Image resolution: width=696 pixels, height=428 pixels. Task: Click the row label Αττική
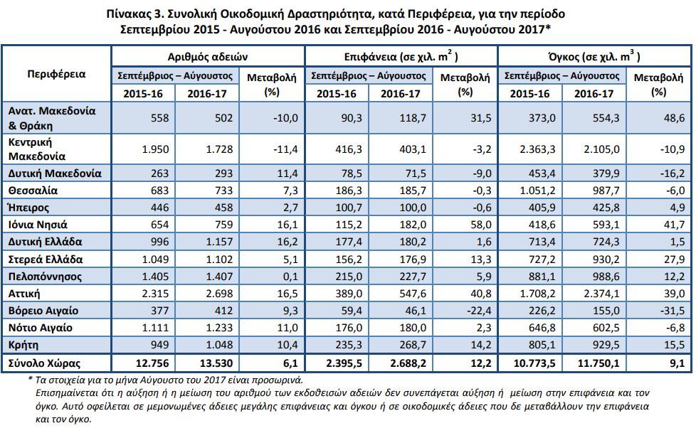click(x=24, y=294)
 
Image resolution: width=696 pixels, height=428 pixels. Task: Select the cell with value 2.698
click(x=219, y=294)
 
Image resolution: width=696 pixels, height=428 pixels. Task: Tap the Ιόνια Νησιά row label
click(x=38, y=225)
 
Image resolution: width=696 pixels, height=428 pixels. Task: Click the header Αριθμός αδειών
click(x=207, y=57)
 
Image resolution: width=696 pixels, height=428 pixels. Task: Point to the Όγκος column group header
click(x=594, y=56)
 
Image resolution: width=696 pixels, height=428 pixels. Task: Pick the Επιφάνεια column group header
click(x=401, y=56)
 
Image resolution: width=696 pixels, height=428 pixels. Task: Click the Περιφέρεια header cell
click(x=56, y=74)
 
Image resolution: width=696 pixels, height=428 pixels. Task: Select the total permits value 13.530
click(x=216, y=363)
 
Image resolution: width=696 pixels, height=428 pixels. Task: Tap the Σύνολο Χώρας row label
click(x=44, y=364)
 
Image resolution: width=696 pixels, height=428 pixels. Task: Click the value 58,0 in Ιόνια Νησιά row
click(x=480, y=225)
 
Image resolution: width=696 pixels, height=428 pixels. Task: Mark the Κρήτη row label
click(x=23, y=345)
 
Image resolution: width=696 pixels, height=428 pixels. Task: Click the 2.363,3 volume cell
click(x=537, y=149)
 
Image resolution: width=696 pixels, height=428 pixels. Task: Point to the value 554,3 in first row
click(x=606, y=118)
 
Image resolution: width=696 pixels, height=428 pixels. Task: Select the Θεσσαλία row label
click(x=33, y=191)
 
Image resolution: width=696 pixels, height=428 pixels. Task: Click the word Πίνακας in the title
click(x=129, y=14)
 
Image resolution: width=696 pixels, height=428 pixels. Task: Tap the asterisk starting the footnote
click(x=30, y=379)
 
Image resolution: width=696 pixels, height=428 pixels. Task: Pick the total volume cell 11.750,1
click(x=599, y=363)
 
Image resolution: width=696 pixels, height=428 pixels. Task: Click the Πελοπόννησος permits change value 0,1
click(x=290, y=277)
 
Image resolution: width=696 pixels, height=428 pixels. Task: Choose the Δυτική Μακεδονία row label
click(x=55, y=173)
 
